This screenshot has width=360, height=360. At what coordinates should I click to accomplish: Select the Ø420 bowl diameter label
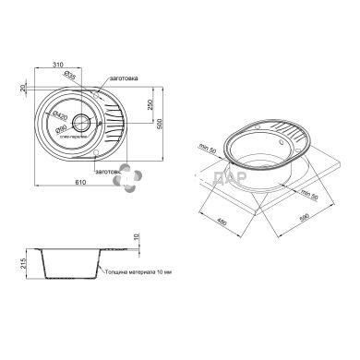[x=57, y=115]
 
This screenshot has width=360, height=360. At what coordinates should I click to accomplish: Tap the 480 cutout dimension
[x=222, y=221]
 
